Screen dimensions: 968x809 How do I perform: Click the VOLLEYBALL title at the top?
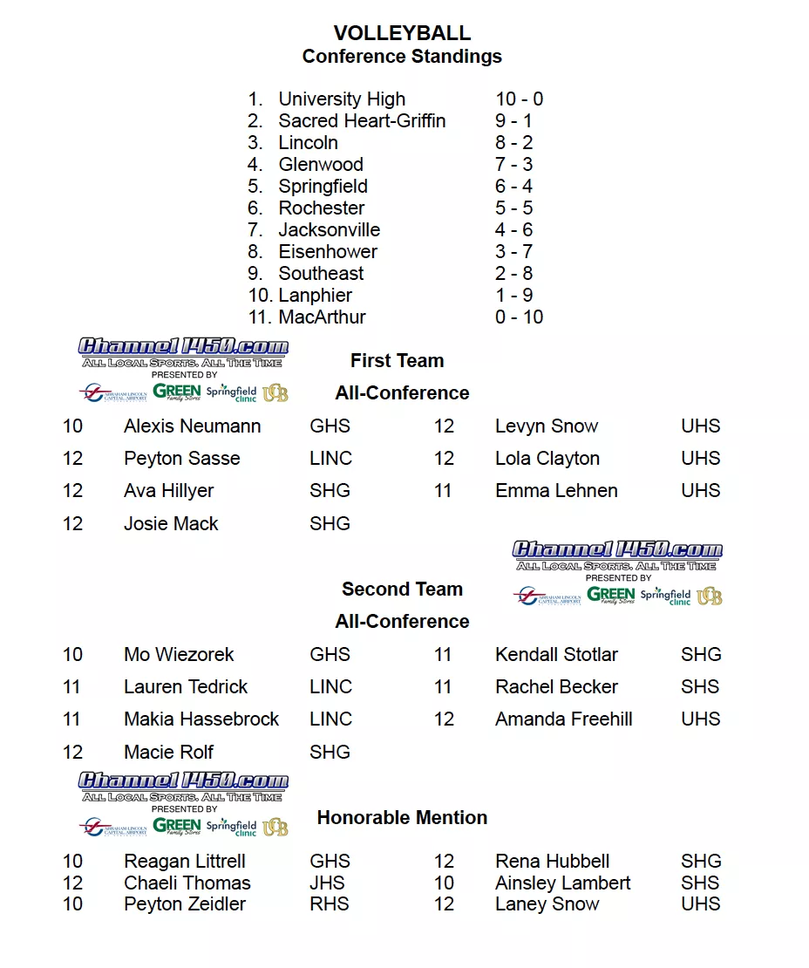click(x=402, y=33)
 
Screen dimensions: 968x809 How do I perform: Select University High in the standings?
click(x=342, y=99)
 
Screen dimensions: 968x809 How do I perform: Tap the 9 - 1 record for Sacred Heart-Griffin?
click(x=513, y=121)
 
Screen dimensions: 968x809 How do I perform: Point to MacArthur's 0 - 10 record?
click(x=519, y=317)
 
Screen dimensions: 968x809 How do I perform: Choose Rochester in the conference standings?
click(x=322, y=208)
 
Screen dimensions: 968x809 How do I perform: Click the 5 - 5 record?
click(x=513, y=208)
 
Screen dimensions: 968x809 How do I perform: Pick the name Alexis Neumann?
click(x=192, y=426)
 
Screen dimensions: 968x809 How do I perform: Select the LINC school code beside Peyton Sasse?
click(x=330, y=459)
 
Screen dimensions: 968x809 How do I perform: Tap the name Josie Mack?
click(x=171, y=524)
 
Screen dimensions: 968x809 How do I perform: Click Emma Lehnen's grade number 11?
click(x=443, y=491)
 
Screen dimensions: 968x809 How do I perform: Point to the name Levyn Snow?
click(x=547, y=426)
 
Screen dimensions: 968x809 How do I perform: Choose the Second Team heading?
click(x=402, y=590)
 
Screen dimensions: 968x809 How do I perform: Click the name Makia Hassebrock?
click(x=201, y=719)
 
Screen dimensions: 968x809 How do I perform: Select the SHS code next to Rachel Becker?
click(x=700, y=687)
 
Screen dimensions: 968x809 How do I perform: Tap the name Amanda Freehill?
click(x=563, y=719)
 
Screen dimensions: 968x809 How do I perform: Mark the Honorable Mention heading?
click(x=402, y=818)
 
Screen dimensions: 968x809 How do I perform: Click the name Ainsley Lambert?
click(x=562, y=883)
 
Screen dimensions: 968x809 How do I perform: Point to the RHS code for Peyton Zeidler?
click(x=329, y=904)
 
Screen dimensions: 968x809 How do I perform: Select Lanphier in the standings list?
click(x=316, y=296)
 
